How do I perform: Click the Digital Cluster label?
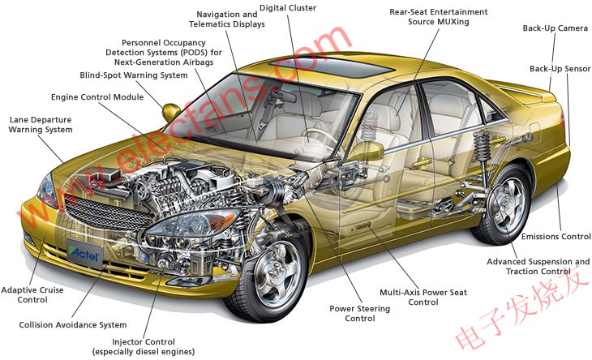click(x=289, y=8)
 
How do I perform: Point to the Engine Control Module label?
click(x=97, y=97)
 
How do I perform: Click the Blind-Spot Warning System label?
click(x=134, y=75)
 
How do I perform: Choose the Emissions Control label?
click(x=556, y=237)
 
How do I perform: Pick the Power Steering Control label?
click(x=359, y=314)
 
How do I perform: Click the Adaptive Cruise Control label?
click(x=32, y=295)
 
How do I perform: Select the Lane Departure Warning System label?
click(x=41, y=124)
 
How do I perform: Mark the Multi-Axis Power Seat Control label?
click(x=412, y=297)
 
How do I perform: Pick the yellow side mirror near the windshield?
click(x=172, y=111)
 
